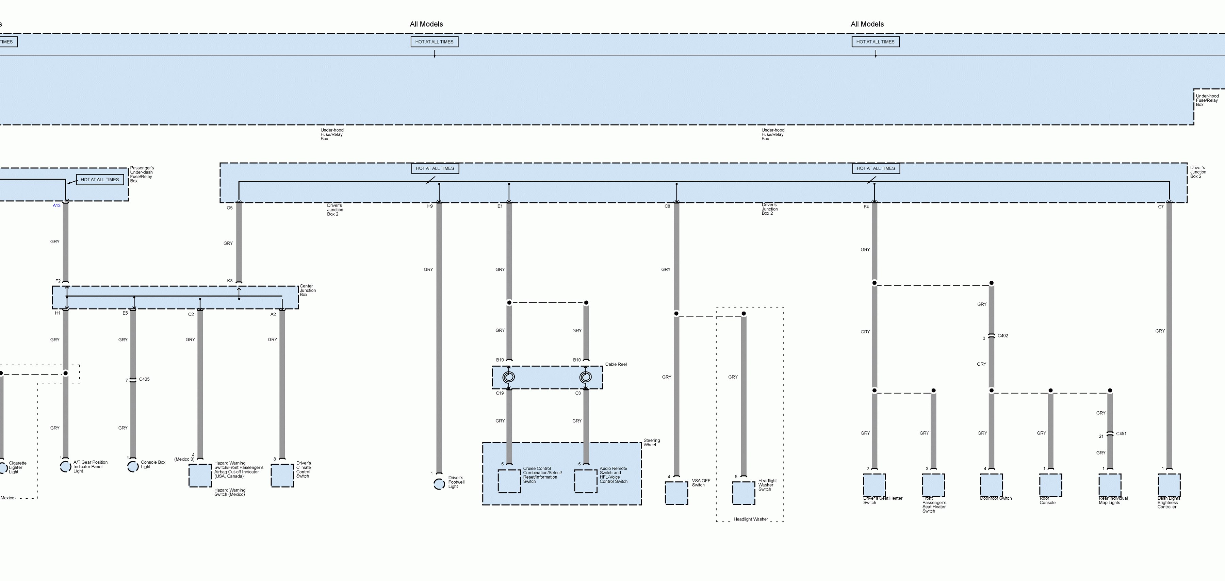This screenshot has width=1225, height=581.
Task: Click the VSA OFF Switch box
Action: (676, 493)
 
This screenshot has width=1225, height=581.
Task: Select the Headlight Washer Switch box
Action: (743, 493)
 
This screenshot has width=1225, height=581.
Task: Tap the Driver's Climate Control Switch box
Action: (282, 476)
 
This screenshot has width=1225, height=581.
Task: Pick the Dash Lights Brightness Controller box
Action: (1169, 485)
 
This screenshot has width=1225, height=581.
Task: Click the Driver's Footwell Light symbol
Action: (439, 484)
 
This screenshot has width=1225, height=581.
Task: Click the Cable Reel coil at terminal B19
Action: (509, 377)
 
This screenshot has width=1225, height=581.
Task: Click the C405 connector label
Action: (144, 379)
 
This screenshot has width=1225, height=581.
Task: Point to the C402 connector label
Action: (1002, 336)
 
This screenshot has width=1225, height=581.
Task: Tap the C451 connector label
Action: (1121, 434)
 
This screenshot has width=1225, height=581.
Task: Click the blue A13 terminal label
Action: (56, 205)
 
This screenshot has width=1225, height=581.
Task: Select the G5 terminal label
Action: (230, 208)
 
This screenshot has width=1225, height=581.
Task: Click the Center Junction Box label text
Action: (307, 290)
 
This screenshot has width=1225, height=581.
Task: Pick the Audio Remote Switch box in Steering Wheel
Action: (585, 481)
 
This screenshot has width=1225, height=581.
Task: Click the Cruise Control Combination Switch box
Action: (509, 481)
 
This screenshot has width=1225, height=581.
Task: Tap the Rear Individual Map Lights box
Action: (1109, 485)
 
